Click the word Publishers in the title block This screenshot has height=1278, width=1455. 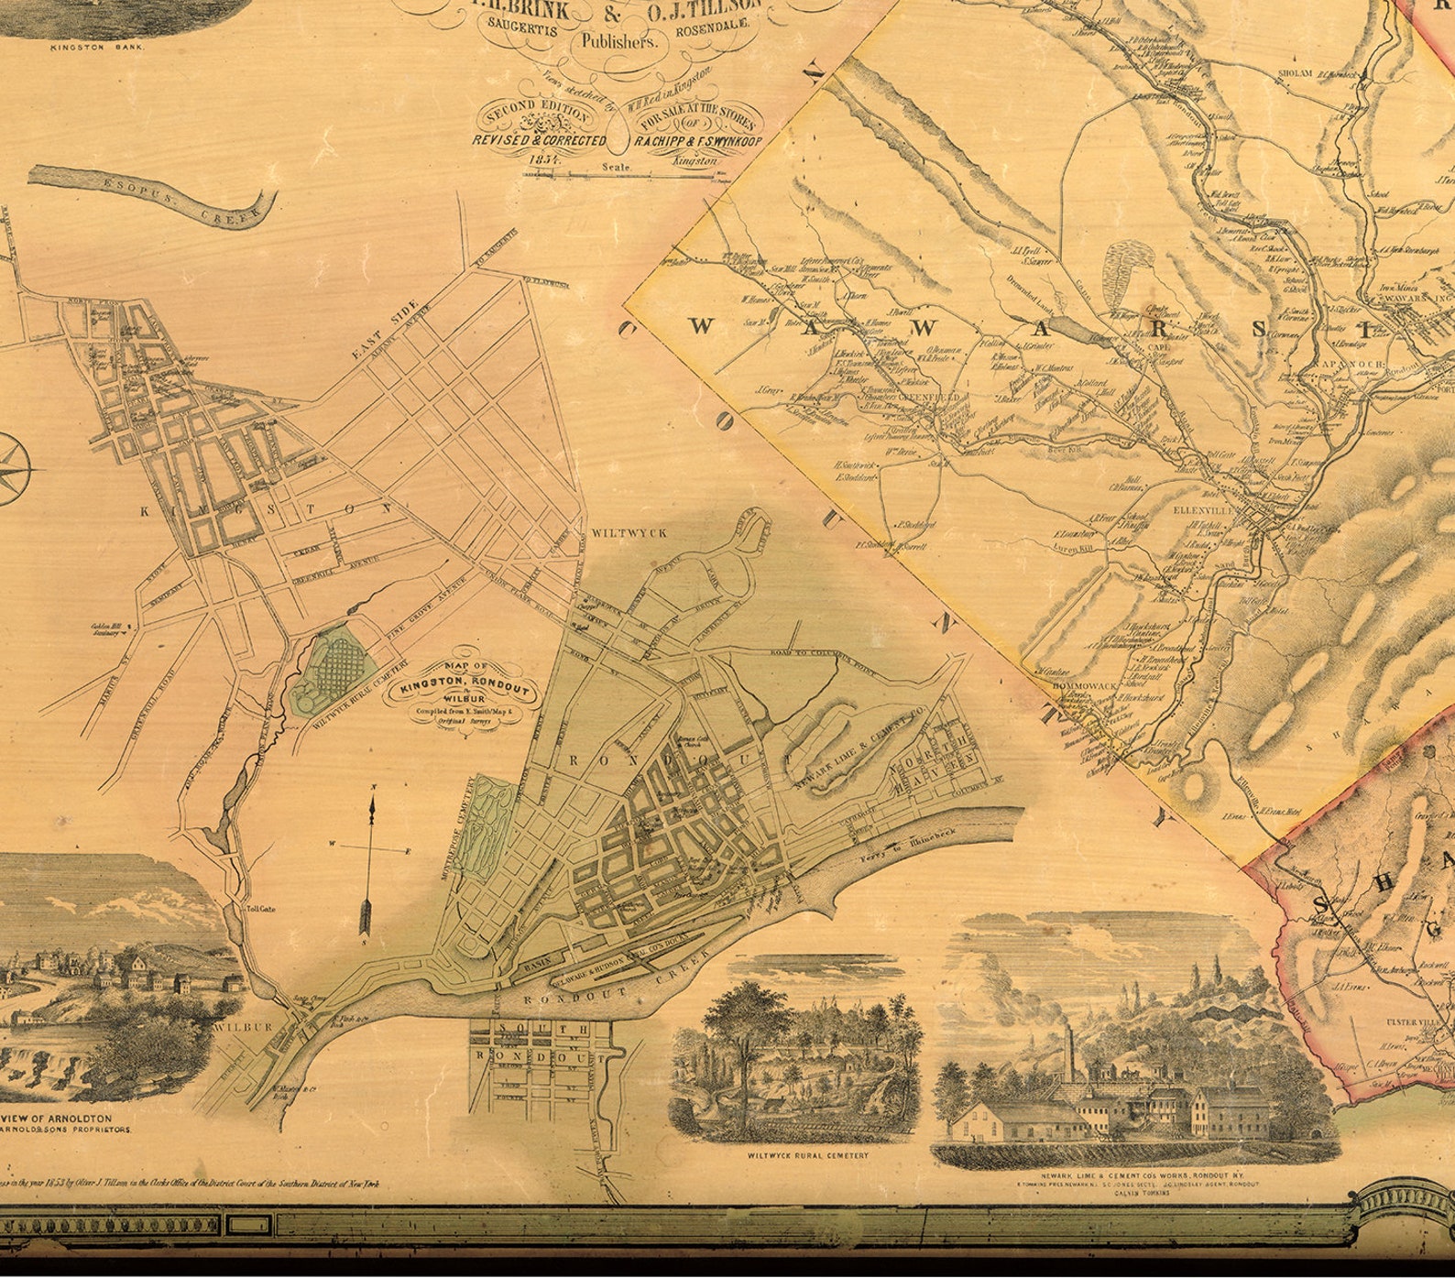[618, 40]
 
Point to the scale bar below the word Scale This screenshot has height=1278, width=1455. [641, 174]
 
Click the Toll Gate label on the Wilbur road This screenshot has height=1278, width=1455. [260, 910]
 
